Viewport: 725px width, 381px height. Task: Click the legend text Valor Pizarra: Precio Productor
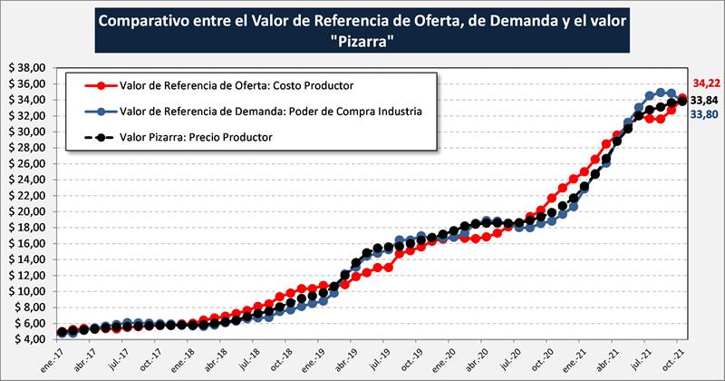[x=196, y=137]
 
